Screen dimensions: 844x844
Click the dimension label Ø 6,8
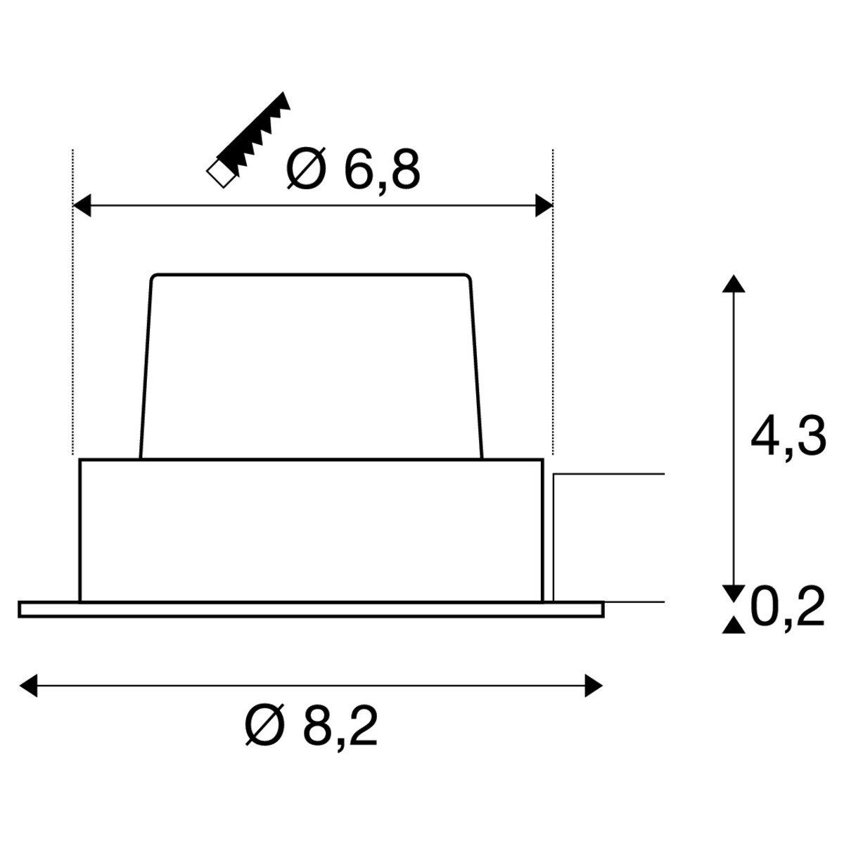pos(353,169)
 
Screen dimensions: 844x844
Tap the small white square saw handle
pos(222,174)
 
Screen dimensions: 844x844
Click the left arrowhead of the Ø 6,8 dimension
pos(82,205)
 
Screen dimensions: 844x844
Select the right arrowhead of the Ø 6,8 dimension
pos(544,205)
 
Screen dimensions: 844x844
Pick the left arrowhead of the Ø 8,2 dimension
pos(28,686)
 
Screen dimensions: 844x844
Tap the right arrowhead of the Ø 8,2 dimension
pos(594,686)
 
